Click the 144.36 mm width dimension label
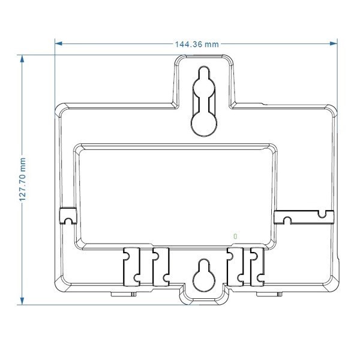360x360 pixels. [196, 44]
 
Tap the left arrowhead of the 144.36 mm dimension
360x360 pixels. [58, 43]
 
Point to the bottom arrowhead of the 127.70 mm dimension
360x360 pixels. [23, 301]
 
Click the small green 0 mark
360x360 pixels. [235, 236]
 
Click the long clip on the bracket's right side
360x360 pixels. [302, 216]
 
